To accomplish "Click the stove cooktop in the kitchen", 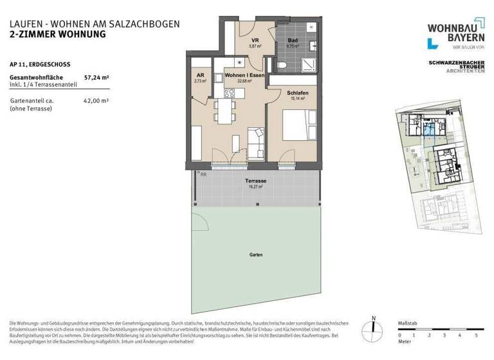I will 232,92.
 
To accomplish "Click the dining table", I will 224,113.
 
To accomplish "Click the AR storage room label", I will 200,75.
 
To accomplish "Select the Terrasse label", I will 256,181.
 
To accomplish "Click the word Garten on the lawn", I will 255,255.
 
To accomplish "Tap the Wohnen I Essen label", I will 244,75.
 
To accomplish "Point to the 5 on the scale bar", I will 476,336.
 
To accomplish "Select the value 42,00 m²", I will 96,101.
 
